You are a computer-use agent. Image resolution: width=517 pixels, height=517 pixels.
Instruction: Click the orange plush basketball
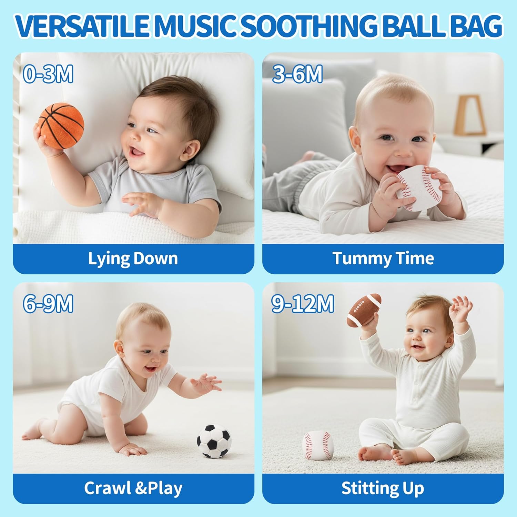[61, 126]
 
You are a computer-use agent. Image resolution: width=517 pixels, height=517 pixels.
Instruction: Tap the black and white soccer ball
[214, 441]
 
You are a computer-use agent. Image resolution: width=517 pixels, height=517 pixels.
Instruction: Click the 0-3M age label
[48, 74]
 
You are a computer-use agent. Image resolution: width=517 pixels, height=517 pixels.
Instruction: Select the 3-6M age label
[297, 74]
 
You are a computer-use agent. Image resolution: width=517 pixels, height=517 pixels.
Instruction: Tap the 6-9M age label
[48, 304]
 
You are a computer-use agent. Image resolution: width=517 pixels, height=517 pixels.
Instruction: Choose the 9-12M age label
[303, 304]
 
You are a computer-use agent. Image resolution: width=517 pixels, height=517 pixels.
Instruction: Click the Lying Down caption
[133, 258]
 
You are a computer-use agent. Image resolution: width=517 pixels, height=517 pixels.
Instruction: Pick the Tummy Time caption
[383, 258]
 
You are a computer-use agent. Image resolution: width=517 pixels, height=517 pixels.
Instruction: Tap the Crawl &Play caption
[133, 488]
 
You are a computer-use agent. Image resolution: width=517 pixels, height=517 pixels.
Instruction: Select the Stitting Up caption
[383, 488]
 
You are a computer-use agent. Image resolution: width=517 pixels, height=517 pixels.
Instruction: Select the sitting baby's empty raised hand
[461, 309]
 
